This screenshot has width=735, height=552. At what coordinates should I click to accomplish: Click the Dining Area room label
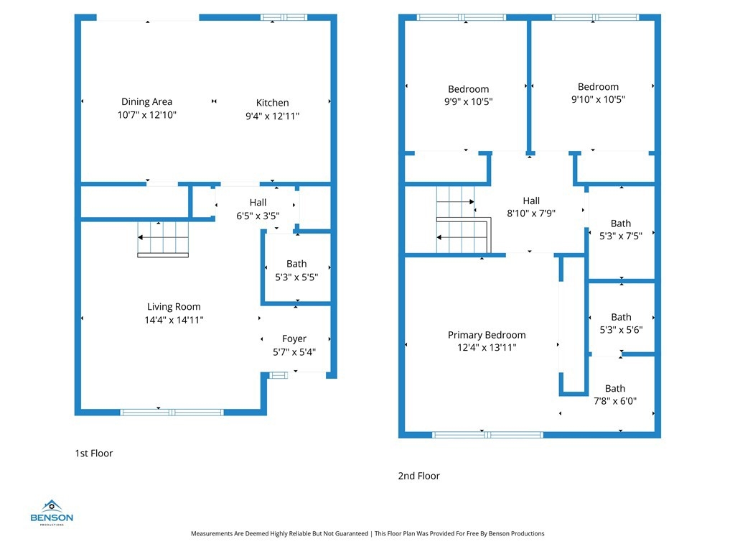146,101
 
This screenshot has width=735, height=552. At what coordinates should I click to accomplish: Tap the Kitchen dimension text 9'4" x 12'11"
272,116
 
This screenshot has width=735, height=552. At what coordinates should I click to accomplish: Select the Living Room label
174,306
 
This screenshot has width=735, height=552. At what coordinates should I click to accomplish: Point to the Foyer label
294,339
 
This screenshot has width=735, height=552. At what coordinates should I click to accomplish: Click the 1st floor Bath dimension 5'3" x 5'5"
296,277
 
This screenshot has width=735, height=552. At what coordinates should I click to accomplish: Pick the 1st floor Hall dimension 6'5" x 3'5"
258,216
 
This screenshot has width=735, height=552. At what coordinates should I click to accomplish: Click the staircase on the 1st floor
163,239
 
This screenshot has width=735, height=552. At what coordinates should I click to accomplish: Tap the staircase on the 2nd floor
464,220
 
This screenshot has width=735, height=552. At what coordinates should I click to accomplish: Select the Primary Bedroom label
487,335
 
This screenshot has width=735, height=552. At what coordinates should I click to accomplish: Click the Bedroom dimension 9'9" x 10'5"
468,102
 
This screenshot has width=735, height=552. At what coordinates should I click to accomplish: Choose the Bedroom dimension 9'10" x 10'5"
598,99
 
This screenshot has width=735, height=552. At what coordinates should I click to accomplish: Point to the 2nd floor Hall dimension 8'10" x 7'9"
531,213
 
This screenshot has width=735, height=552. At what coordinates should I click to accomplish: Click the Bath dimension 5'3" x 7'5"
621,236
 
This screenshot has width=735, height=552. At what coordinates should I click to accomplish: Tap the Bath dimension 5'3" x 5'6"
621,330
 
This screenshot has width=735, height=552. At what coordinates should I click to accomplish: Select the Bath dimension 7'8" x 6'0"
615,401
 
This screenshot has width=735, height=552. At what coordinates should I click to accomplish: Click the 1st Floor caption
94,454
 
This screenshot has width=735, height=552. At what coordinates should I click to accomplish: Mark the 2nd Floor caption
418,476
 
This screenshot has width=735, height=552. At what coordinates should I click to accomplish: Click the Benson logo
52,512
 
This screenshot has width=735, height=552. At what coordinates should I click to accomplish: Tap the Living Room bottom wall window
172,413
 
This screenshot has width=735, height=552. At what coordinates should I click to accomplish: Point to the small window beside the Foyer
278,375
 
